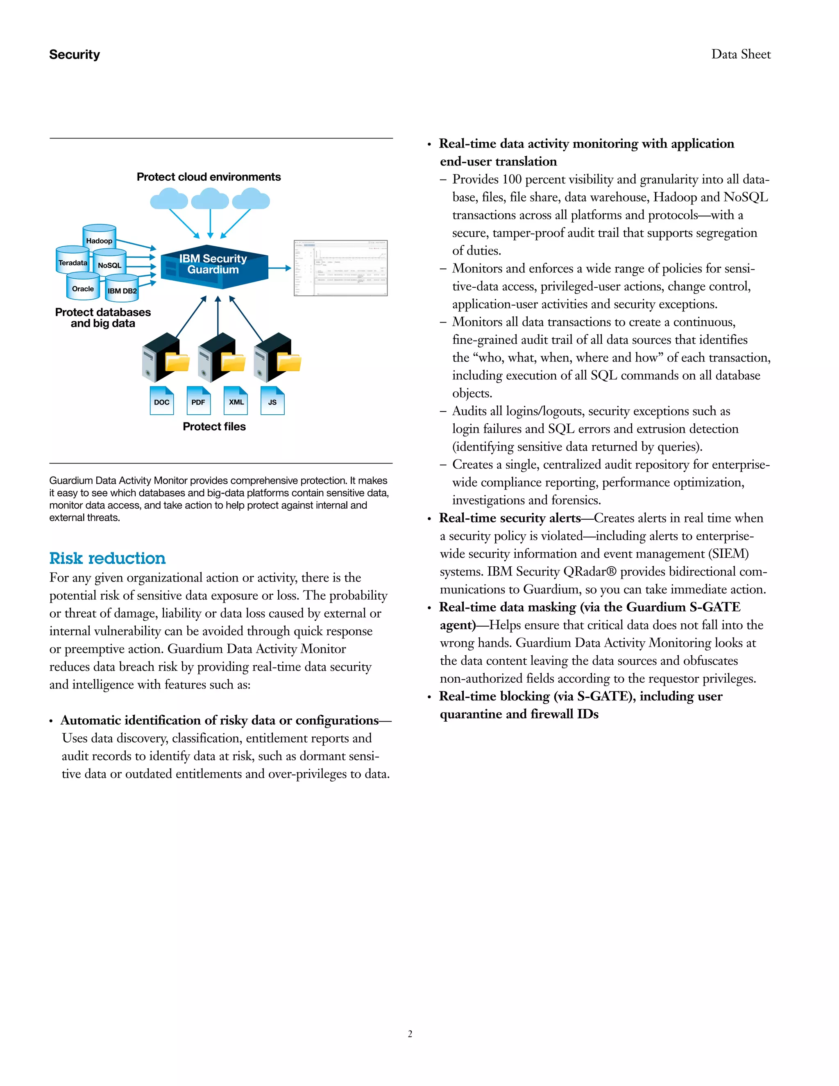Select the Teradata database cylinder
coord(73,261)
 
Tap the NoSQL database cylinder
coord(109,264)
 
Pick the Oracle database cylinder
coord(83,287)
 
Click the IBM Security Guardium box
coord(214,266)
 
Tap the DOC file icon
coord(161,401)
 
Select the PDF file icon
coord(198,401)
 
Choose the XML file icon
coord(236,401)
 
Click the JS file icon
coord(272,401)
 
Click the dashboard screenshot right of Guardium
coord(340,268)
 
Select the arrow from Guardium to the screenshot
coord(280,268)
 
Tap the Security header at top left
coord(75,54)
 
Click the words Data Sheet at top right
coord(741,54)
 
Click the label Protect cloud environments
coord(209,177)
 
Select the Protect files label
coord(214,427)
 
